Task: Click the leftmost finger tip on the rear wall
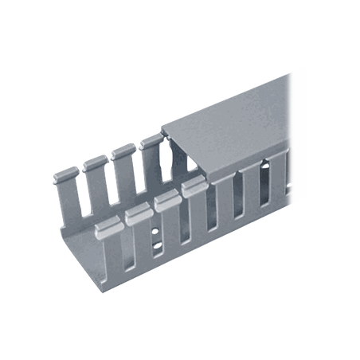coord(67,172)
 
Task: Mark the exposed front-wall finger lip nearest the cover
coord(192,189)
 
